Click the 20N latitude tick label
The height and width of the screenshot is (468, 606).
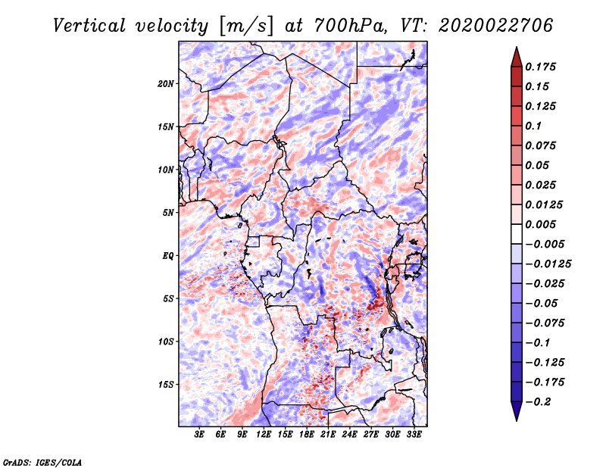[x=166, y=83]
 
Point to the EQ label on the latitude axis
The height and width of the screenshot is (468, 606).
[x=167, y=256]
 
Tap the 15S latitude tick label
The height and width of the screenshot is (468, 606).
[x=166, y=385]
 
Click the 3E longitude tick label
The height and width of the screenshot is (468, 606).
[x=200, y=435]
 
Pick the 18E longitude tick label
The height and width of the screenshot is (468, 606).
[x=307, y=435]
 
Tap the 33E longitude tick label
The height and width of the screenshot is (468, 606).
[x=414, y=435]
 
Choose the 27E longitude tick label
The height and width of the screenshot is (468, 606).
[x=371, y=435]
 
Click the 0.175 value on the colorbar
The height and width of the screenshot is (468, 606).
[x=543, y=67]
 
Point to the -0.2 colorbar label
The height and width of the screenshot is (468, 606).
[x=539, y=402]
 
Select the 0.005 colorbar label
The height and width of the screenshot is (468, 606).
[x=543, y=224]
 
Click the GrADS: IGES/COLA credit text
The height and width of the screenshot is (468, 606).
[x=42, y=461]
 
